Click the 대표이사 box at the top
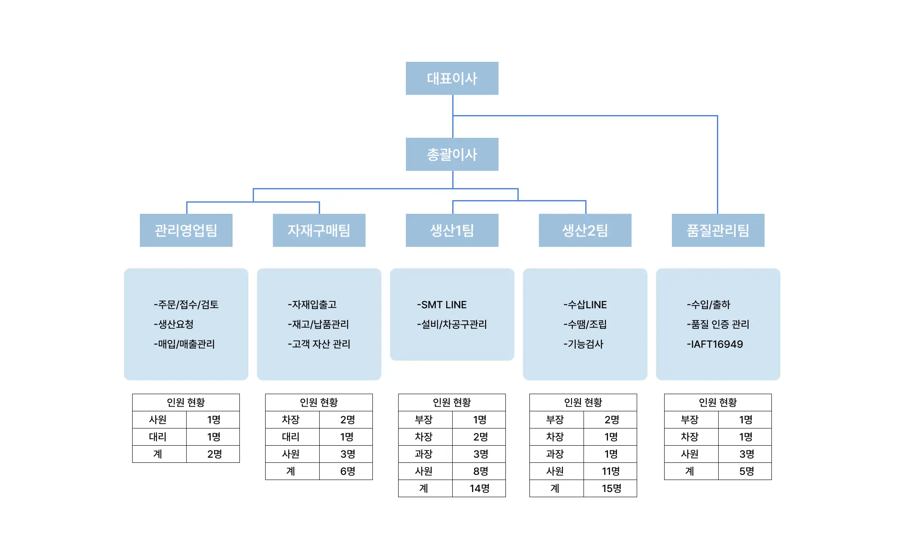[x=452, y=78]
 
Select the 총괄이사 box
[x=452, y=154]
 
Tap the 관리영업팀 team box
[x=186, y=230]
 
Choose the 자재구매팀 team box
[x=319, y=230]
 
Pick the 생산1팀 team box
[x=452, y=230]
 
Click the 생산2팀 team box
[x=585, y=230]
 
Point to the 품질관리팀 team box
[x=718, y=230]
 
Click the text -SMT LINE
[x=441, y=305]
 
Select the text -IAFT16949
[x=715, y=344]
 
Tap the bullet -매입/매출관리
[x=184, y=344]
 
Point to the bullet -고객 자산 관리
[x=319, y=344]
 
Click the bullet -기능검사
[x=583, y=344]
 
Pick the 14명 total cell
[x=479, y=489]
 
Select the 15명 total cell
[x=611, y=489]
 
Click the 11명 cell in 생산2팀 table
[x=611, y=471]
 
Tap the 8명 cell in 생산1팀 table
[x=480, y=471]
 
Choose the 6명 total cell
[x=347, y=471]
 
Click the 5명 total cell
[x=746, y=471]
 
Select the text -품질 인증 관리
[x=718, y=325]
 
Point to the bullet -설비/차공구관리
[x=452, y=325]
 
